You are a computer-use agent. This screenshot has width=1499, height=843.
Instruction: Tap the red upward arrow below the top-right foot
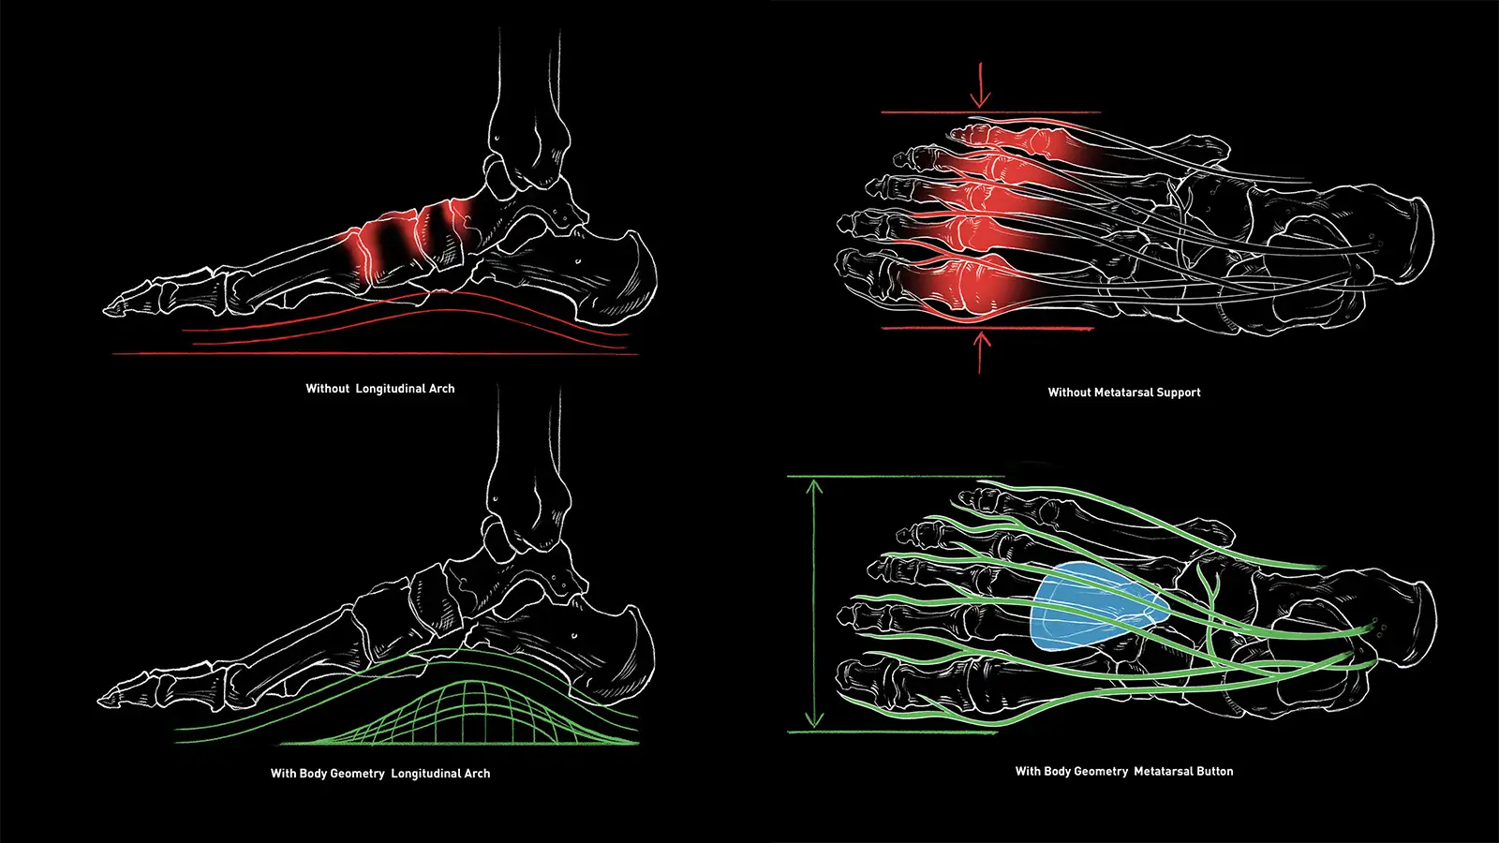coord(982,351)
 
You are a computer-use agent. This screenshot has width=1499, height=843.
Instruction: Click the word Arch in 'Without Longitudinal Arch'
coord(441,389)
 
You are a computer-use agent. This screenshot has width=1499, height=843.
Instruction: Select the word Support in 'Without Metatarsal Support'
coord(1178,392)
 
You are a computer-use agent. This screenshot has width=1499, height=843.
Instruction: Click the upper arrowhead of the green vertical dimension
coord(814,486)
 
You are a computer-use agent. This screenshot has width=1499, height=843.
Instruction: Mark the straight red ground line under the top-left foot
coord(375,354)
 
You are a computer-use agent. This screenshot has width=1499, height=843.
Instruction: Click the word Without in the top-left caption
coord(327,389)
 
